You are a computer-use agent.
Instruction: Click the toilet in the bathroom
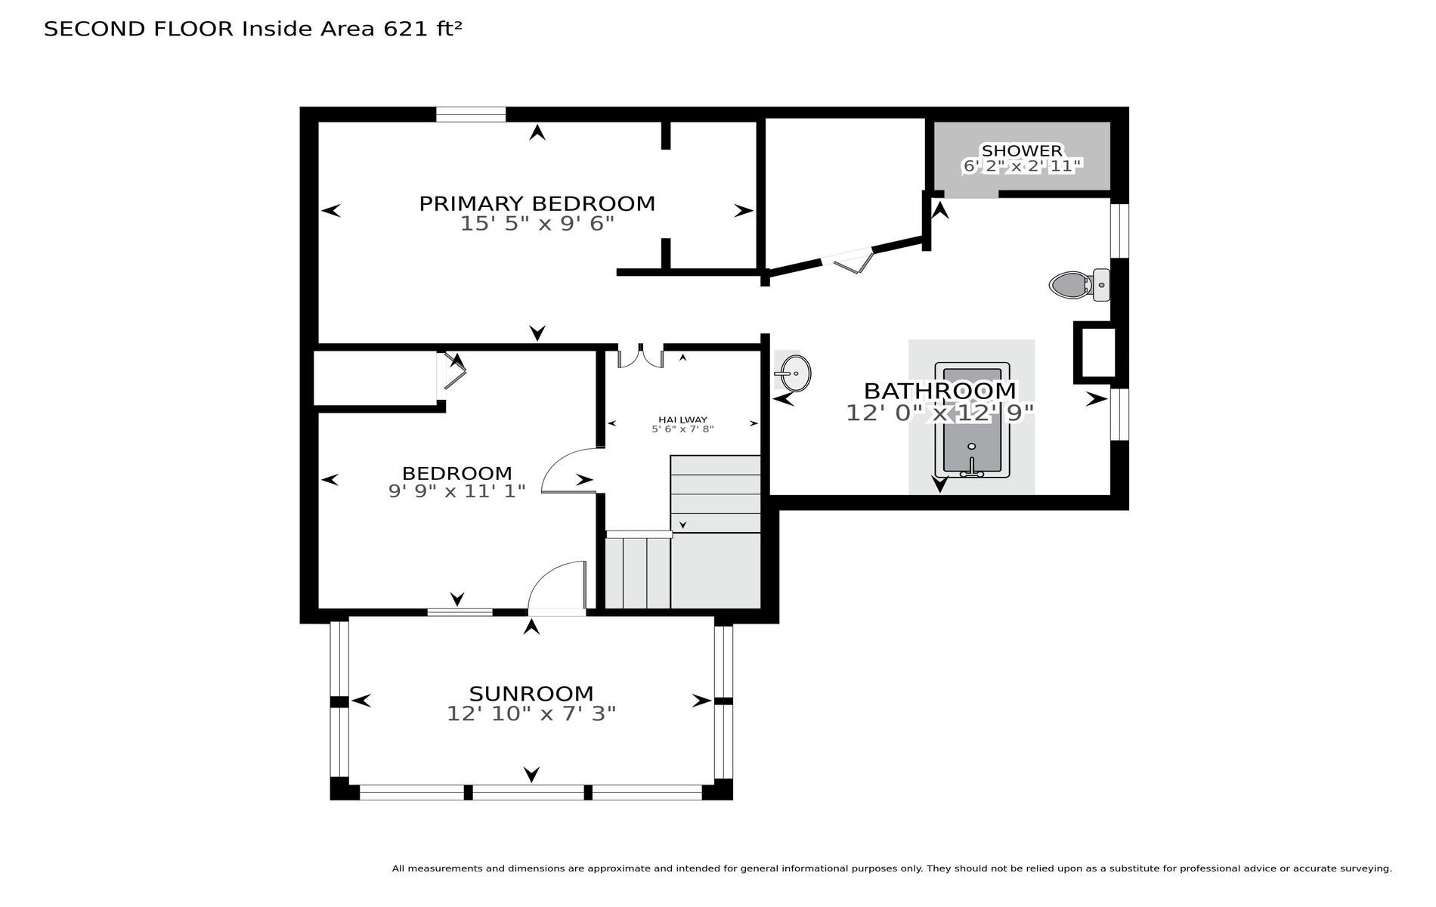(1079, 285)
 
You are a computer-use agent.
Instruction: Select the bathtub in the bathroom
(972, 420)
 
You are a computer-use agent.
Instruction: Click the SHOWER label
(1022, 150)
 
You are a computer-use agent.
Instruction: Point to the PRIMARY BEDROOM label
(537, 203)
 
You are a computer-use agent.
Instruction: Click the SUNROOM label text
(531, 693)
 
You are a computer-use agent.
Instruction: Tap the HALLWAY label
(682, 419)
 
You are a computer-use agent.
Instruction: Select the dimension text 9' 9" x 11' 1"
(457, 491)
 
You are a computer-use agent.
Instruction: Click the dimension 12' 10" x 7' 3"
(531, 714)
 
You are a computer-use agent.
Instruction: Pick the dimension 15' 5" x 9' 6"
(537, 224)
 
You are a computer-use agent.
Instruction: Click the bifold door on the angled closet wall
(848, 259)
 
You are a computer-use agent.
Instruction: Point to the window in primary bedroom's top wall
(471, 114)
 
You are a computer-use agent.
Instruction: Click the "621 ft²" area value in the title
(422, 29)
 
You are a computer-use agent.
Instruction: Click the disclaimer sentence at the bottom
(892, 868)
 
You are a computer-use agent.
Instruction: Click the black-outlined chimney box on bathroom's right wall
(1094, 352)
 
